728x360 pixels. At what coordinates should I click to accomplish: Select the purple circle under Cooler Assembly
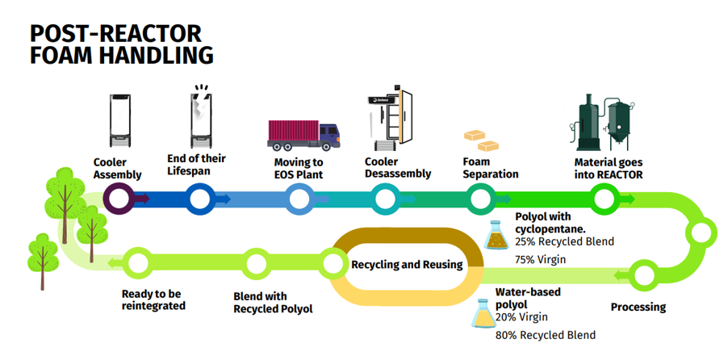pos(118,197)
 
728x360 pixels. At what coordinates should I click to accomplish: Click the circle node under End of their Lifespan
pos(199,197)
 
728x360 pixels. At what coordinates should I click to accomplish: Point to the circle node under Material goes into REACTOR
pos(603,197)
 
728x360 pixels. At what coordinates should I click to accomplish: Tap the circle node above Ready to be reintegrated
pos(138,263)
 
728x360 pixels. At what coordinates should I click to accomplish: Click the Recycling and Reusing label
pos(407,264)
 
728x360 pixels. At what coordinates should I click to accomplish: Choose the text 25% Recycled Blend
pos(564,241)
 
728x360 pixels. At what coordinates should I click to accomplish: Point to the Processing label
pos(638,307)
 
